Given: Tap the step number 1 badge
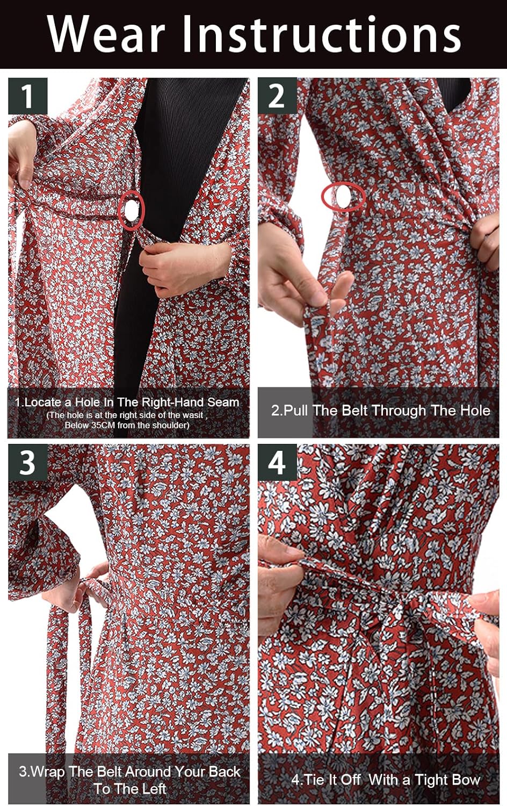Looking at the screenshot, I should click(27, 96).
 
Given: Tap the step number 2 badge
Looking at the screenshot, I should click(277, 96).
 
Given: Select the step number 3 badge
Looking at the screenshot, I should click(27, 463).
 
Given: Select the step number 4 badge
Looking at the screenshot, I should click(277, 463).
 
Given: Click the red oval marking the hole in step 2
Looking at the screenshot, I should click(343, 196).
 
